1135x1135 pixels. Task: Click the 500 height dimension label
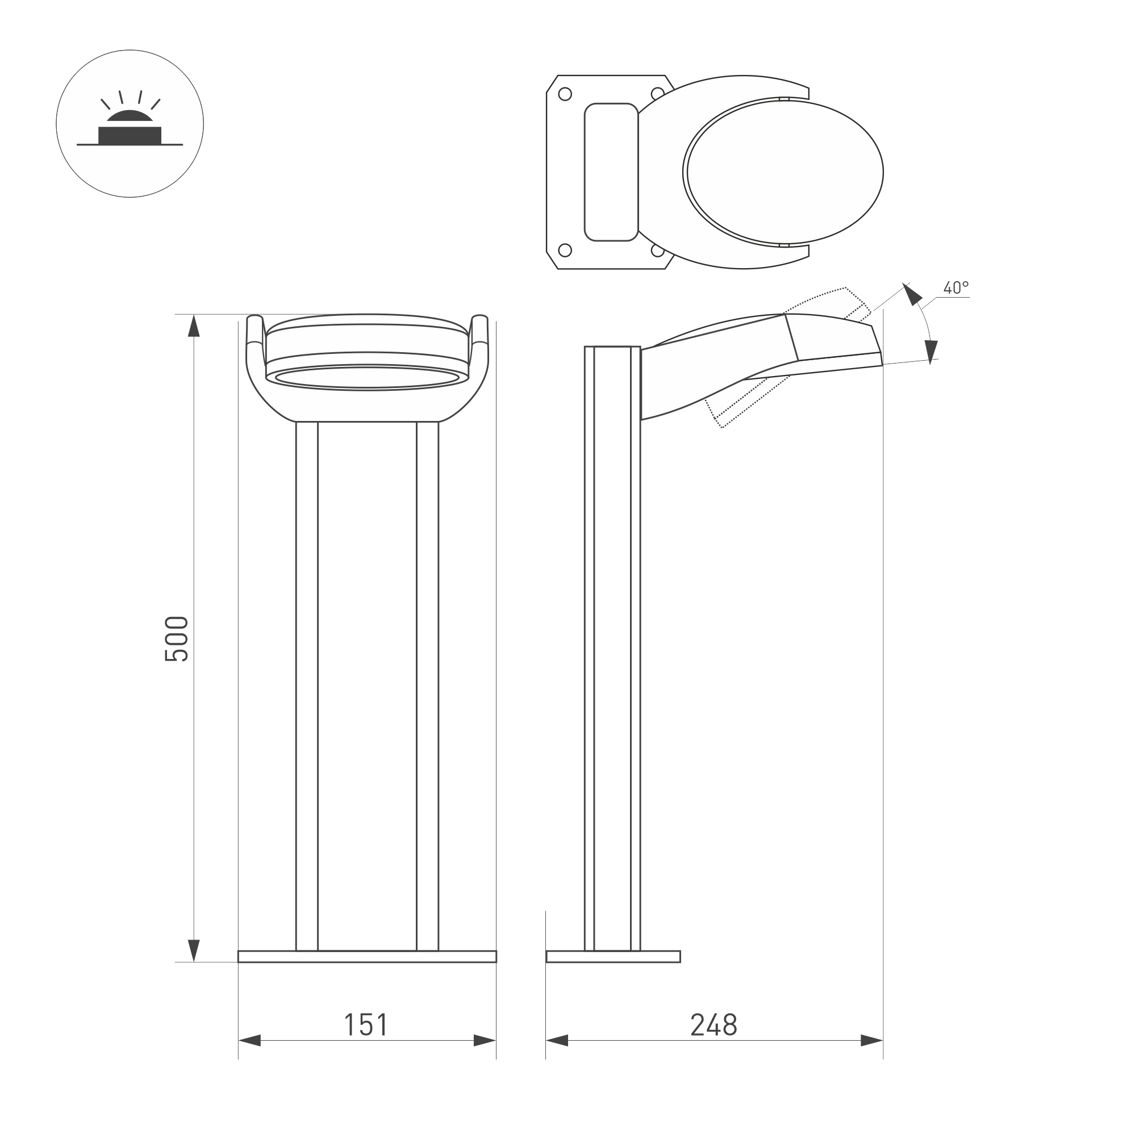coord(176,639)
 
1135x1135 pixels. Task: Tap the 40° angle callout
coord(956,288)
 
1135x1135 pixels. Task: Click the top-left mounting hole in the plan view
coord(565,94)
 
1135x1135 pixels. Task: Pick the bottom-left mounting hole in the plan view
coord(565,251)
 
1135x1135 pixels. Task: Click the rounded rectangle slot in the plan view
coord(611,172)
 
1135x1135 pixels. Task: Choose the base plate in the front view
coord(367,957)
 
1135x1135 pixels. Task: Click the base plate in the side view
coord(613,957)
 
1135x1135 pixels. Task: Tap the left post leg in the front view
coord(307,687)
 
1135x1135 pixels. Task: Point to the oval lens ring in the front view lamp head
coord(367,377)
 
